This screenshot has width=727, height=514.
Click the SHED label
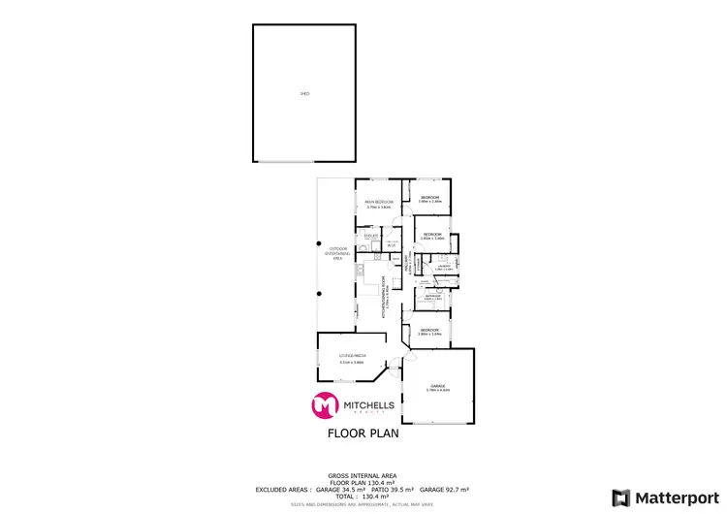[x=305, y=94]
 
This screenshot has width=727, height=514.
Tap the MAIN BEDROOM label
[x=378, y=203]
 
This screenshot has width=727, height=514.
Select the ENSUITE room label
[x=371, y=236]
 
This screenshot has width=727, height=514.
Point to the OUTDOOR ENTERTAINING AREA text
[x=338, y=254]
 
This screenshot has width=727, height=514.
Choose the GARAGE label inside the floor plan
[x=438, y=386]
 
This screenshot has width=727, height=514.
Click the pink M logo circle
[x=323, y=405]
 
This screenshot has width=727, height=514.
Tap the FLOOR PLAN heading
[x=363, y=434]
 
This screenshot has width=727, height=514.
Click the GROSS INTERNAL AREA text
[x=363, y=475]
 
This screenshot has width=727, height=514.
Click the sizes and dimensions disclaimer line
[x=363, y=503]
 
